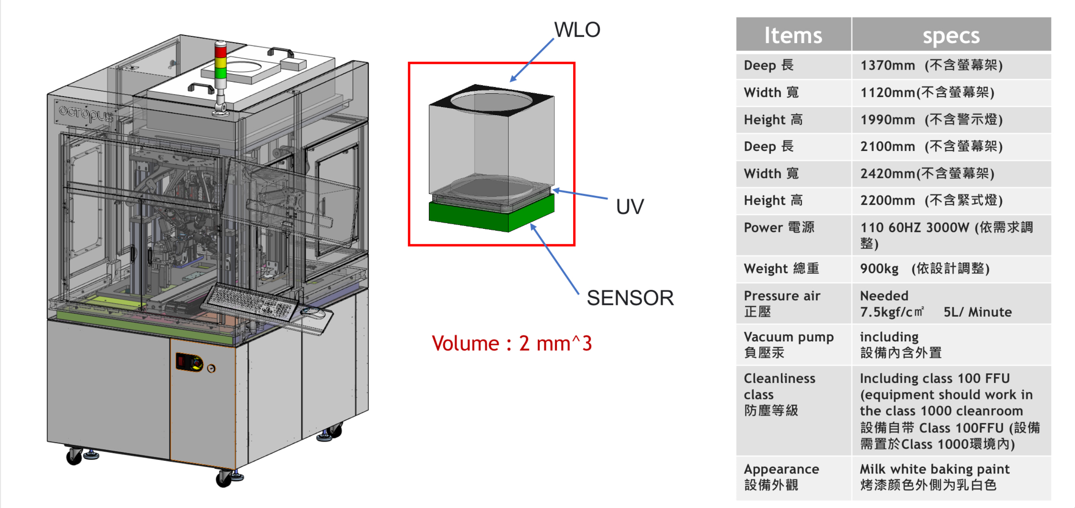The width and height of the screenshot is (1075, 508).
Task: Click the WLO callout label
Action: [577, 30]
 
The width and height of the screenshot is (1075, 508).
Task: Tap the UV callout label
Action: [630, 207]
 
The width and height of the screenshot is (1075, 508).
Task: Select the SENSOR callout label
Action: [630, 298]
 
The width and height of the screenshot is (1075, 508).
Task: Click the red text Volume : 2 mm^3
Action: [512, 344]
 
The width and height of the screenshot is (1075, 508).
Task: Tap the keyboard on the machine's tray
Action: [251, 302]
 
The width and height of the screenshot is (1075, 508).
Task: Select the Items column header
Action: [793, 35]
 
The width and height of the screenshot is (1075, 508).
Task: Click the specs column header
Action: [951, 35]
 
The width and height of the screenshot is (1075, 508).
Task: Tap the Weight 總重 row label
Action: [781, 269]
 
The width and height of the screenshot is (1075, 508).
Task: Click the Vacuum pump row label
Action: [788, 344]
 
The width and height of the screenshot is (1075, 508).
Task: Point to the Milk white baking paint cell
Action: [934, 477]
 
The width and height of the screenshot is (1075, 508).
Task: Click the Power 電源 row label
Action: [779, 228]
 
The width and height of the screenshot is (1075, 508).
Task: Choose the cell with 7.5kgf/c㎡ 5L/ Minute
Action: [936, 304]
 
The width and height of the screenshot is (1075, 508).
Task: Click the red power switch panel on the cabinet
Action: [189, 362]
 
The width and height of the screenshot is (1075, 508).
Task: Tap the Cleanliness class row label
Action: [779, 394]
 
